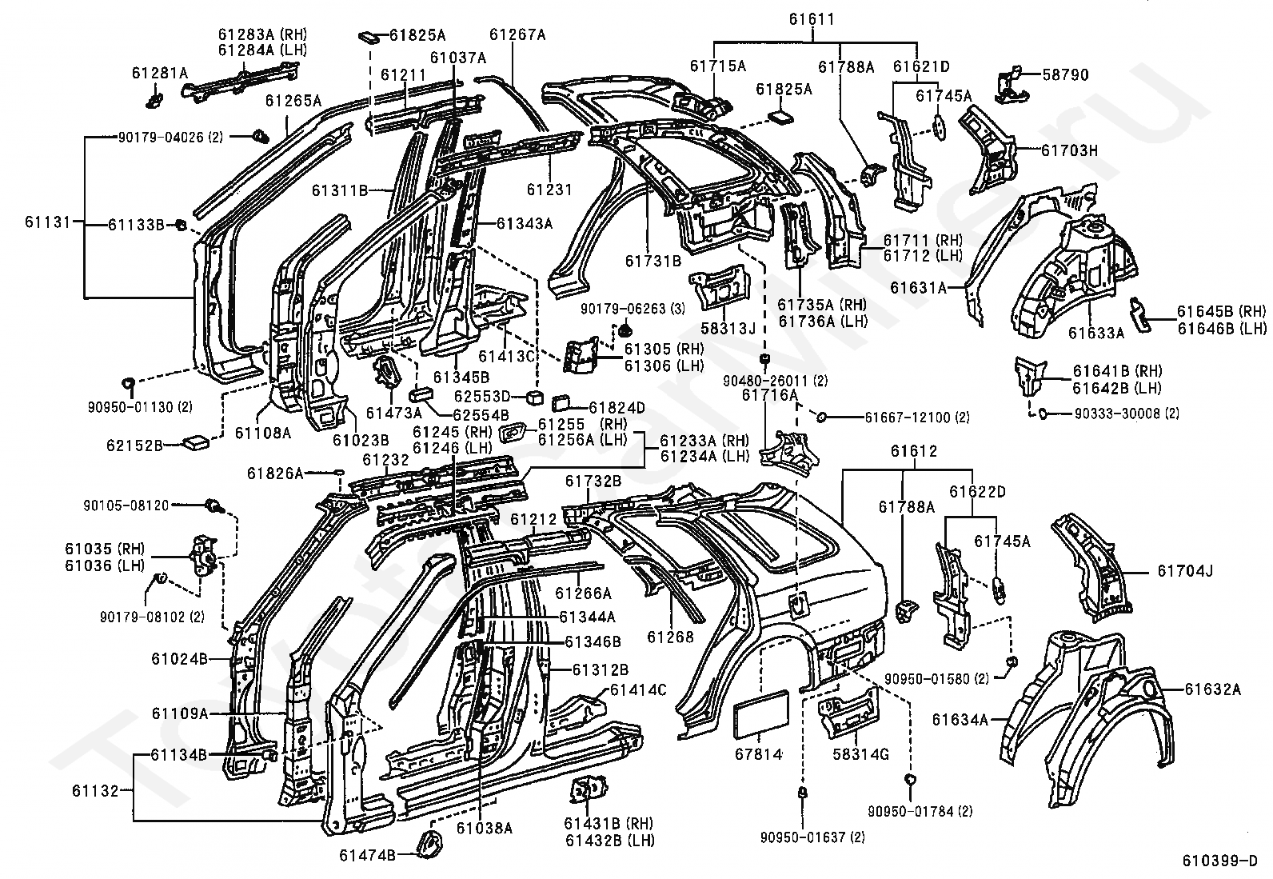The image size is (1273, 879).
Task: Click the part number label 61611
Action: point(812,19)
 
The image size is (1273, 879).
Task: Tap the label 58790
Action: point(1066,74)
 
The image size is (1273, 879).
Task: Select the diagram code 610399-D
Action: point(1220,861)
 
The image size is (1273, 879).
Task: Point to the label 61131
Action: point(48,222)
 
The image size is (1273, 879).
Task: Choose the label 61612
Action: point(914,451)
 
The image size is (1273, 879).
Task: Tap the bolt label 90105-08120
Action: point(126,505)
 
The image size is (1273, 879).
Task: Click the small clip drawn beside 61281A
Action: point(154,98)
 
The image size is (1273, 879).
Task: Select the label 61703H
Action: point(1070,150)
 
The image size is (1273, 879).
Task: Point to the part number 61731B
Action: point(653,261)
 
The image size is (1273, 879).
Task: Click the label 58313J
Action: point(728,328)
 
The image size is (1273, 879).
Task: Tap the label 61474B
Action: point(367,854)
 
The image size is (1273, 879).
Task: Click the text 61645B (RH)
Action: point(1221,311)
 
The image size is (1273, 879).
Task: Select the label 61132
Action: point(95,790)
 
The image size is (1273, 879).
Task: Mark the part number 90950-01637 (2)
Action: point(812,837)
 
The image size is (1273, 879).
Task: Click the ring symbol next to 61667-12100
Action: point(820,418)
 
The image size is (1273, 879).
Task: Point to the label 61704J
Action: point(1185,570)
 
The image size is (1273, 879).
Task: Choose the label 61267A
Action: point(517,34)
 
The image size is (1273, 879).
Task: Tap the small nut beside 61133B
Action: point(180,226)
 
